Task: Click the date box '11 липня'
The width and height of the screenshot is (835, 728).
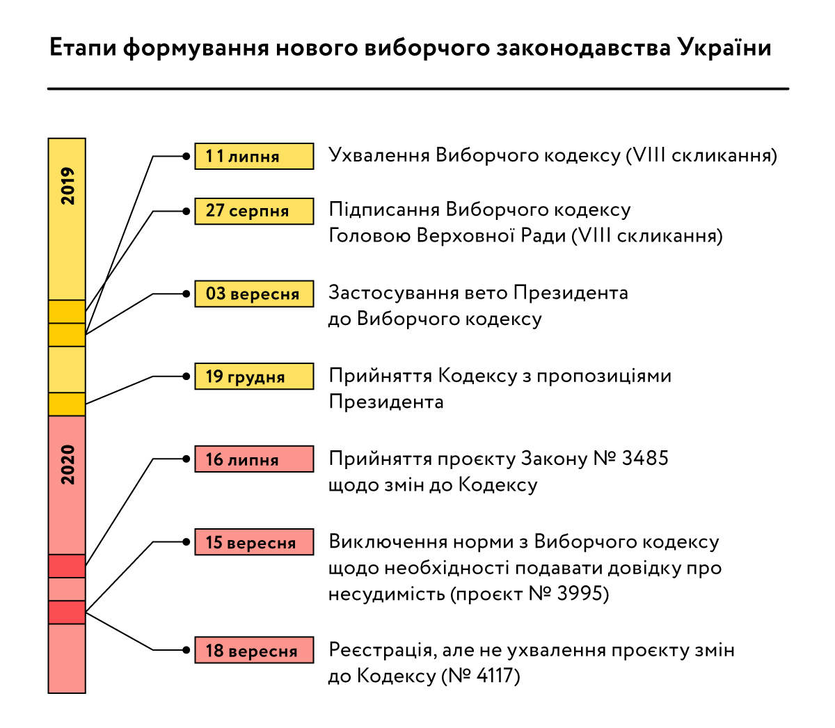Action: coord(254,156)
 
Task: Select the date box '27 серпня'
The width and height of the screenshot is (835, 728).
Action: coord(254,211)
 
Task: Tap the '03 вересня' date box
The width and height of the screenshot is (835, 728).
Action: coord(254,294)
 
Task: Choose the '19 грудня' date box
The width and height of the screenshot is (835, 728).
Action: coord(254,376)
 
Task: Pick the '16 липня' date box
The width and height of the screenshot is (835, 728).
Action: coord(254,459)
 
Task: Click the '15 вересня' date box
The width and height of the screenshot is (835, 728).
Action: coord(254,541)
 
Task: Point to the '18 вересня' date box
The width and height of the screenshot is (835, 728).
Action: coord(254,649)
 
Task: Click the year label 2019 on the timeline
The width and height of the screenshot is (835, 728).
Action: coord(67,186)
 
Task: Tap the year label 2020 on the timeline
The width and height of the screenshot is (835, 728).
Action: coord(67,465)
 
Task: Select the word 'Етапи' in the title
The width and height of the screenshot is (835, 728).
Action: coord(83,48)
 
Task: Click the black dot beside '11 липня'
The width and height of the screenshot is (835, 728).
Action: coord(186,156)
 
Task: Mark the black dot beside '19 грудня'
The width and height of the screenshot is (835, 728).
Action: coord(186,376)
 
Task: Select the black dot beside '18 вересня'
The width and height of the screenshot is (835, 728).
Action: coord(186,649)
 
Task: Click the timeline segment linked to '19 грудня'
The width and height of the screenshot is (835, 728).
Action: coord(67,404)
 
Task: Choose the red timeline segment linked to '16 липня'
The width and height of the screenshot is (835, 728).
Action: coord(67,566)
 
